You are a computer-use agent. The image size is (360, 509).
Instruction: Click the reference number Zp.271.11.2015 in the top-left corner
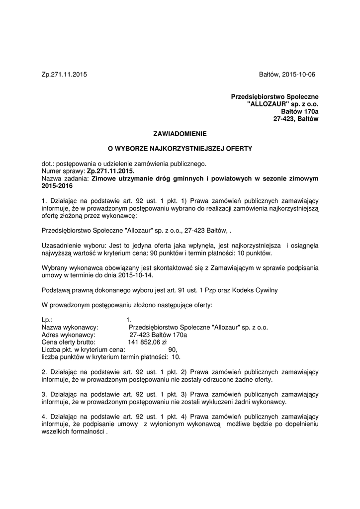[x=64, y=75]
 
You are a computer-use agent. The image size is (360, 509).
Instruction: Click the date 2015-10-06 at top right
[x=298, y=75]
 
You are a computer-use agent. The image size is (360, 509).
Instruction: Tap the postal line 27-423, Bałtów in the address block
[x=296, y=119]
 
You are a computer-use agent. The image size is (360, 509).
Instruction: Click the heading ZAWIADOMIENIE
[x=180, y=134]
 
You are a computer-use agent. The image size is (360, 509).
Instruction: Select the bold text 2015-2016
[x=57, y=186]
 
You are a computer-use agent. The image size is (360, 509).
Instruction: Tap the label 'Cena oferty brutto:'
[x=69, y=342]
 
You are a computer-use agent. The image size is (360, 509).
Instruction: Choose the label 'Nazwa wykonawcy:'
[x=70, y=328]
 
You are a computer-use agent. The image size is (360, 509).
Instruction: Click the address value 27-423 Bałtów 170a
[x=158, y=335]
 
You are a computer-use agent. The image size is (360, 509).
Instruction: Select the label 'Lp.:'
[x=48, y=320]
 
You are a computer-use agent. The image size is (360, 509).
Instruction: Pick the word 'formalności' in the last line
[x=88, y=432]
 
